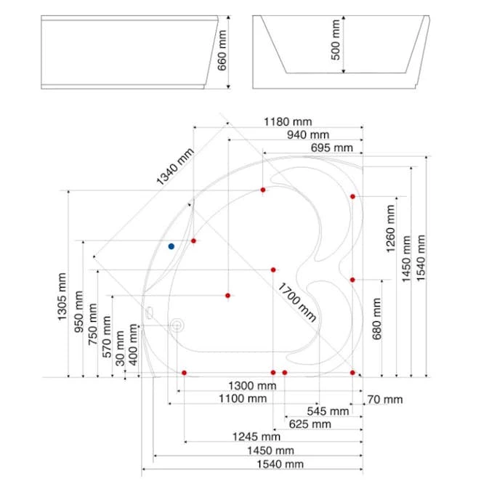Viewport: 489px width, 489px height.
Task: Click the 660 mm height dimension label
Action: pyautogui.click(x=222, y=50)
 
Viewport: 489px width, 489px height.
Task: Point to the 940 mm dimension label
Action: pyautogui.click(x=308, y=134)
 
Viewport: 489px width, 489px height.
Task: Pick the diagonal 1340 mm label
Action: pyautogui.click(x=174, y=166)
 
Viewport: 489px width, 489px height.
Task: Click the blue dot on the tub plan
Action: pyautogui.click(x=171, y=246)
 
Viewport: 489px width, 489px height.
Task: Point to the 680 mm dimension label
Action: pyautogui.click(x=376, y=319)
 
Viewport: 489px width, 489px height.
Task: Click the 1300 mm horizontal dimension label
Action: pyautogui.click(x=252, y=386)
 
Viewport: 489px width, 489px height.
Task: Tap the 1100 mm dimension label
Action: pyautogui.click(x=243, y=398)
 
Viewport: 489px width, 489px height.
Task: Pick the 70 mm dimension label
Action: pyautogui.click(x=385, y=399)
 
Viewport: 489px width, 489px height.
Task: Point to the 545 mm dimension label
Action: pyautogui.click(x=328, y=411)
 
